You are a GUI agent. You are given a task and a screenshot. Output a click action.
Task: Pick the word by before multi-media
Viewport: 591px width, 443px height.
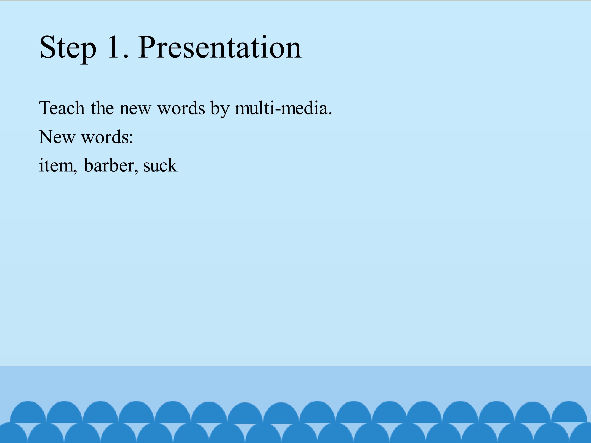220,109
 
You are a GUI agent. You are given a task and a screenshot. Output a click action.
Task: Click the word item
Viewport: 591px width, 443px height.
56,165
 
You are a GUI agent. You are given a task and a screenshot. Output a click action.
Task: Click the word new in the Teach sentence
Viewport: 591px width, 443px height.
135,110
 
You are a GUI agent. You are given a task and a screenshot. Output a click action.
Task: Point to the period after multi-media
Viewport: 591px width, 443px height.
330,113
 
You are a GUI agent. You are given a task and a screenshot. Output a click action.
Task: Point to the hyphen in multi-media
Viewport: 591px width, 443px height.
278,110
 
